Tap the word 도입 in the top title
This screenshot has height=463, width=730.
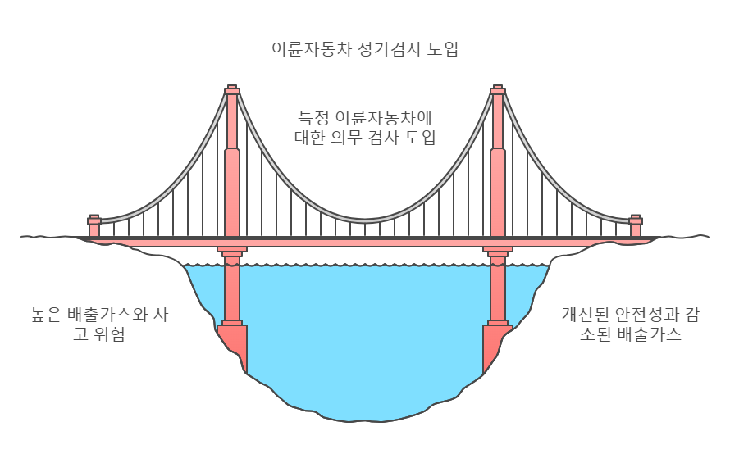point(443,48)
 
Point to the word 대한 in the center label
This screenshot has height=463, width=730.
point(310,137)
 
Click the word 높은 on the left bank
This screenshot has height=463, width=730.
point(46,314)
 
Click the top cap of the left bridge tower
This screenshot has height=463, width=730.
point(232,89)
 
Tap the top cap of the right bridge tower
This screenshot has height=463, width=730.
point(498,89)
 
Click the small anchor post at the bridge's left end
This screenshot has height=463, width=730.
point(94,225)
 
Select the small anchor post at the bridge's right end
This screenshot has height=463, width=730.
point(636,225)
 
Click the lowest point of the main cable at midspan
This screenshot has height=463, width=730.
point(365,220)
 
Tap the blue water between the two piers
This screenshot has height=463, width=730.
point(365,328)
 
